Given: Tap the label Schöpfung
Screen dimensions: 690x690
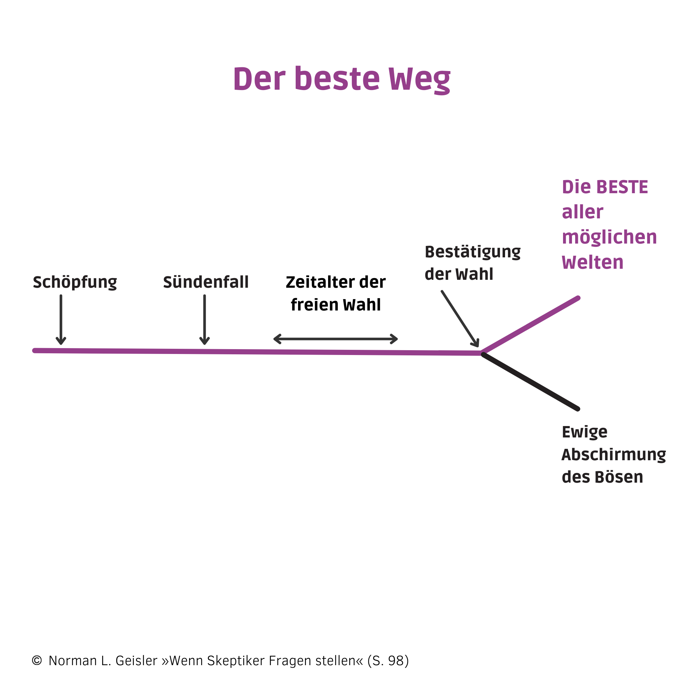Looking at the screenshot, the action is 75,283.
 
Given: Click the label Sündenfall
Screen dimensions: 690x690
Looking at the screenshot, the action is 206,282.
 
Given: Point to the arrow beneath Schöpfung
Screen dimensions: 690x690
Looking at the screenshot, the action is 61,320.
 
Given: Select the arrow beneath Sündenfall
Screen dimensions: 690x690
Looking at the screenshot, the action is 205,320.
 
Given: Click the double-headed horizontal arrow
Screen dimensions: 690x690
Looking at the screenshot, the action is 336,339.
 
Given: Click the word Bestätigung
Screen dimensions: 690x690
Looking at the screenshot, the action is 473,253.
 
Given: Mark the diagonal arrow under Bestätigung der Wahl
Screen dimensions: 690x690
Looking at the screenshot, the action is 460,319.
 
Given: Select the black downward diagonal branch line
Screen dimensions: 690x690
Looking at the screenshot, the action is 531,382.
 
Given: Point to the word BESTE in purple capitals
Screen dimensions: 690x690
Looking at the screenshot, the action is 622,187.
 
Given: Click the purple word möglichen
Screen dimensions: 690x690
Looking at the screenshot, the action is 609,237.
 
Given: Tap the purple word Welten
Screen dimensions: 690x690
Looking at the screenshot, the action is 592,263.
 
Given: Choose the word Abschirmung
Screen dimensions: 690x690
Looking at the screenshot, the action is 613,455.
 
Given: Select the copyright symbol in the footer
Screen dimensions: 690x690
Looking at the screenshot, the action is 37,660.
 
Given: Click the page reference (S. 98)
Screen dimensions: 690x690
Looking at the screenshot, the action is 388,661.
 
